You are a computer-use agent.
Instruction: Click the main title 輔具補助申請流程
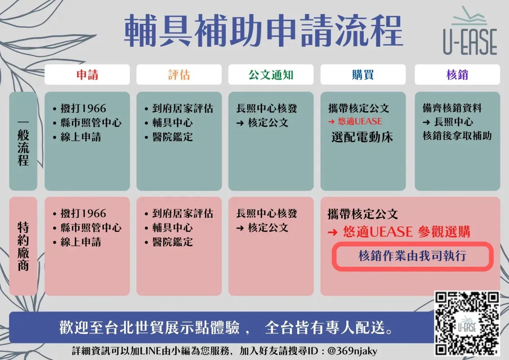(263, 31)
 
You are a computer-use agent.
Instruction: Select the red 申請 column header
(87, 75)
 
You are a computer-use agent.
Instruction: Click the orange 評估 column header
(179, 75)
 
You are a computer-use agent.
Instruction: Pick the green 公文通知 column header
(271, 75)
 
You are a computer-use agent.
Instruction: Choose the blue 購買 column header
(363, 75)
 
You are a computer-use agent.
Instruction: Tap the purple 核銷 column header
(457, 75)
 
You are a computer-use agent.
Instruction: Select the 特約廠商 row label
(23, 246)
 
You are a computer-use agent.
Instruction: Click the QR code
(466, 323)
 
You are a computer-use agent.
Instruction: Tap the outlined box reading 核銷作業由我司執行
(413, 256)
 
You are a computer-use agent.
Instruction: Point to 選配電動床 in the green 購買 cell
(362, 137)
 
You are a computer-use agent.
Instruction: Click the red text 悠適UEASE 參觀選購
(406, 232)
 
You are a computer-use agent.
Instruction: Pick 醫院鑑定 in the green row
(172, 137)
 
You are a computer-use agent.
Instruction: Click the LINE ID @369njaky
(353, 351)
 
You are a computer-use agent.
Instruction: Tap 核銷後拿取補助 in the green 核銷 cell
(457, 135)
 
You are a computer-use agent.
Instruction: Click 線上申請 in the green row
(80, 137)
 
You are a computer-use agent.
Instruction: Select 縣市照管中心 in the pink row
(91, 228)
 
